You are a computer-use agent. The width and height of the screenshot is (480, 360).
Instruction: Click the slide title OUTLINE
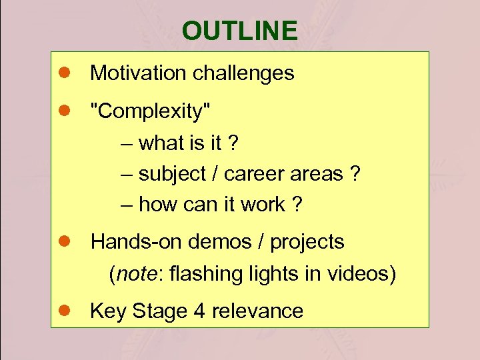pyautogui.click(x=239, y=31)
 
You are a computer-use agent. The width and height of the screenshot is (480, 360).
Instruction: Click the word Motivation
pyautogui.click(x=139, y=73)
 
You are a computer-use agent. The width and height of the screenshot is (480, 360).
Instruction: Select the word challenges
pyautogui.click(x=243, y=73)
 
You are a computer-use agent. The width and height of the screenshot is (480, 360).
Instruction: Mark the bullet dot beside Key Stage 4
pyautogui.click(x=65, y=311)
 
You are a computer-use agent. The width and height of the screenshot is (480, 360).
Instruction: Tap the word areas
pyautogui.click(x=317, y=174)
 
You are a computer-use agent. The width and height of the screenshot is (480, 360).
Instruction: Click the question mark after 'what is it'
pyautogui.click(x=234, y=143)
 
